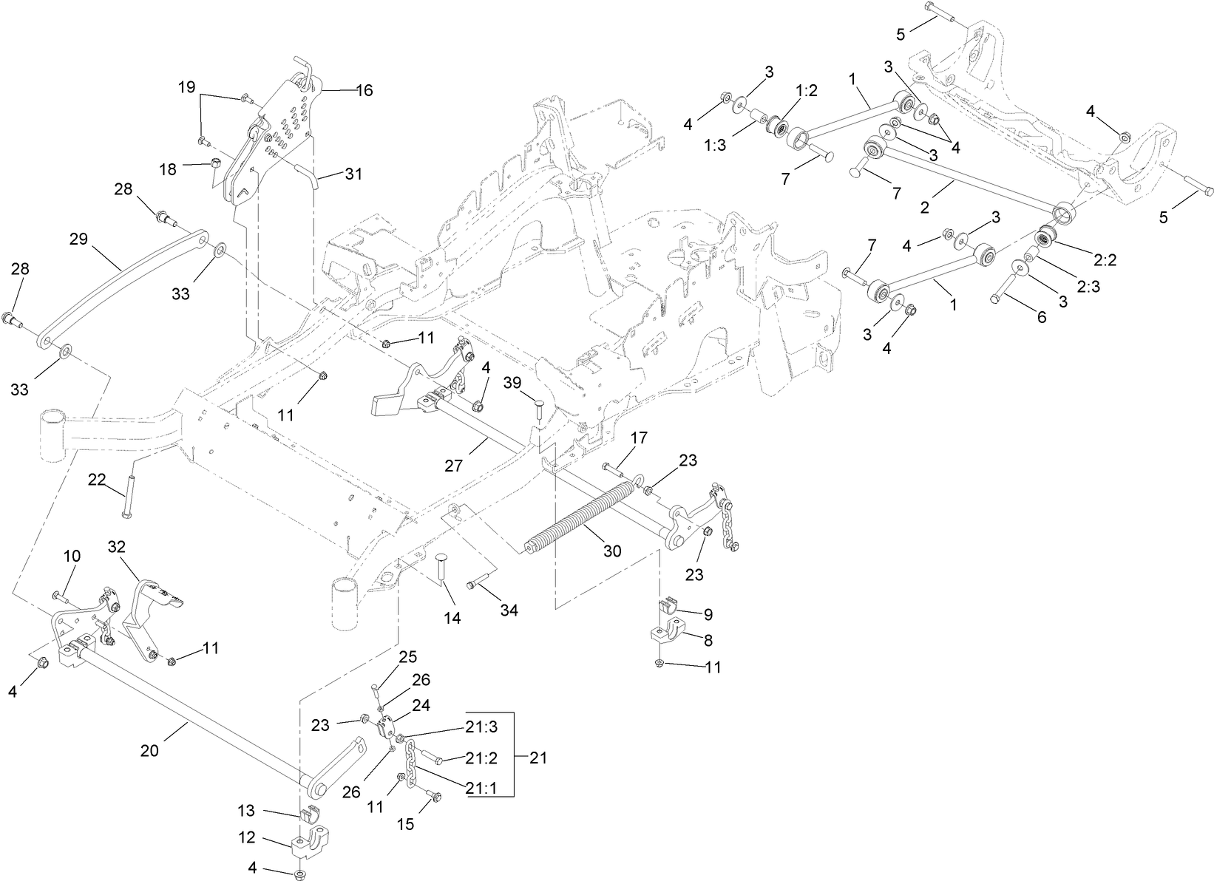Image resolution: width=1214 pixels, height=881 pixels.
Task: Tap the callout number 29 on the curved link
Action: [x=79, y=239]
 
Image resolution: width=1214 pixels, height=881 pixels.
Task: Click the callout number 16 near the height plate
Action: [x=364, y=90]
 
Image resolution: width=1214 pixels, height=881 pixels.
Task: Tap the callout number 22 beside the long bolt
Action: [x=97, y=479]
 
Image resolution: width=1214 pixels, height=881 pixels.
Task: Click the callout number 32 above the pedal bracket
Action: [x=118, y=547]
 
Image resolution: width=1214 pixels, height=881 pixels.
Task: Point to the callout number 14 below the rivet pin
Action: [x=452, y=617]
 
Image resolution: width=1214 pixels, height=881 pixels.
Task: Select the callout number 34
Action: [x=509, y=610]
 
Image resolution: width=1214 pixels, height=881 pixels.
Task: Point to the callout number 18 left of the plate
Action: [x=168, y=169]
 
